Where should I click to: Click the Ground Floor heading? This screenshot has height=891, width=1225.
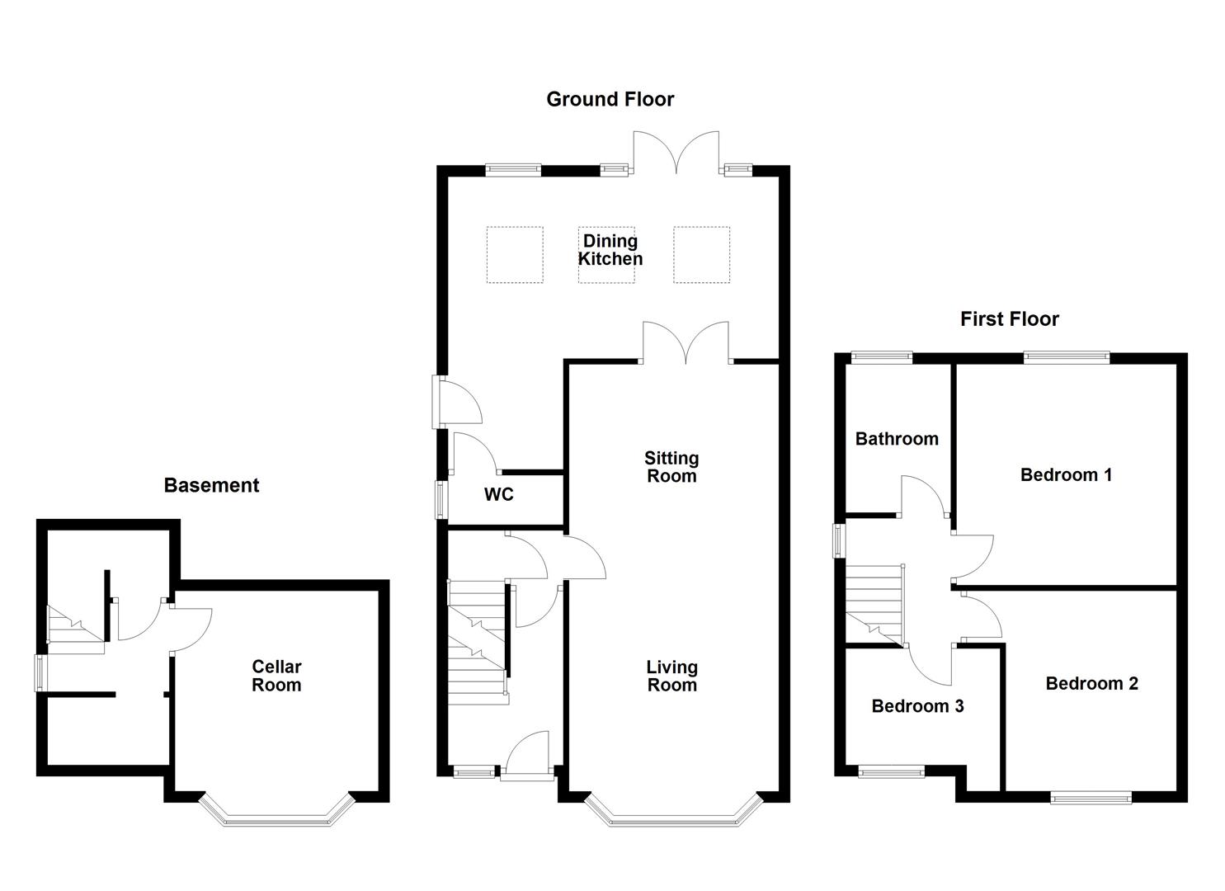coord(610,99)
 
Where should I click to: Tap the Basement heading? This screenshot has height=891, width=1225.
coord(212,485)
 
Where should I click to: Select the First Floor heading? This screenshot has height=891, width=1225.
coord(1010,319)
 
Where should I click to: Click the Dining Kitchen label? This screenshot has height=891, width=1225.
coord(610,249)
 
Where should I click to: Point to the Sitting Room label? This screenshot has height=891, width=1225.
coord(671,467)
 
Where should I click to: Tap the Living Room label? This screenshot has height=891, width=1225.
coord(672,676)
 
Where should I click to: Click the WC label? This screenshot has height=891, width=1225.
coord(499,494)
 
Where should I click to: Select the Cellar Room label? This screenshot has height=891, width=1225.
coord(276,676)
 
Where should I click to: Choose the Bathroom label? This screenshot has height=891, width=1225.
coord(897,439)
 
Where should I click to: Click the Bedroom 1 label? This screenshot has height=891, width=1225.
coord(1067,474)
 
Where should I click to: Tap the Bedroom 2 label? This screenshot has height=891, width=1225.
coord(1092,683)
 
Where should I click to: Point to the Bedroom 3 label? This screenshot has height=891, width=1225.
coord(917,706)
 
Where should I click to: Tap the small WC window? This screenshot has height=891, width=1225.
coord(440,499)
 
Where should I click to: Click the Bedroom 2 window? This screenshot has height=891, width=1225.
coord(1091,799)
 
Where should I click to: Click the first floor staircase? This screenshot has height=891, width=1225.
coord(874,605)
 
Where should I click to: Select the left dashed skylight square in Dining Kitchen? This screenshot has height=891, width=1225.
coord(515,255)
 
